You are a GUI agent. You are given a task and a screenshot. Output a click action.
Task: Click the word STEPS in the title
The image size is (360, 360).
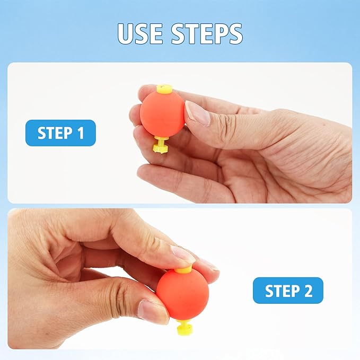click(x=207, y=33)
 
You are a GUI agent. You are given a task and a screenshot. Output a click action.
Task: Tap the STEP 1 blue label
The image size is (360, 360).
click(x=60, y=133)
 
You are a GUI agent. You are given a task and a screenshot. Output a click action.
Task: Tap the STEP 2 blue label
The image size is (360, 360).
click(x=288, y=291)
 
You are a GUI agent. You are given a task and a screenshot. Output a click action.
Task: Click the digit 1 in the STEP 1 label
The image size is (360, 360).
click(x=81, y=133)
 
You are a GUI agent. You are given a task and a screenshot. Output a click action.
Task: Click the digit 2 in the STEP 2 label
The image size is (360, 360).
click(x=309, y=291)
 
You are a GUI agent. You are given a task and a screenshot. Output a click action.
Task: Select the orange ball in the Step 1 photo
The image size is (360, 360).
click(x=162, y=114)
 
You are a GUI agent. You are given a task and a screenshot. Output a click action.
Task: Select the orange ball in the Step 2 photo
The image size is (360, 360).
click(x=183, y=295)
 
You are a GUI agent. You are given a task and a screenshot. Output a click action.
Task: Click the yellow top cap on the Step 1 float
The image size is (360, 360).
click(x=164, y=89)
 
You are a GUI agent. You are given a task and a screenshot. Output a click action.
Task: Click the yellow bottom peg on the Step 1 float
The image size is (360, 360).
click(x=161, y=145)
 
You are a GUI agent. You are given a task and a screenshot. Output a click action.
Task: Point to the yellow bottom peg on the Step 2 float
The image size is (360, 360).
click(x=185, y=327)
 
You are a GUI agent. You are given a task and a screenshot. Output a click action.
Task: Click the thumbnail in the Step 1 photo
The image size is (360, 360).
click(x=197, y=113)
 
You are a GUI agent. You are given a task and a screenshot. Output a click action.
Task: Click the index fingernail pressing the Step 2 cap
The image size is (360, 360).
click(x=183, y=254)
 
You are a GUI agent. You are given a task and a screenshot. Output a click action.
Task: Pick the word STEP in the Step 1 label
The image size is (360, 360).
click(x=55, y=133)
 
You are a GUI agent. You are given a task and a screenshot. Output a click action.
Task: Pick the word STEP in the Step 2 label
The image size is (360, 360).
click(x=282, y=291)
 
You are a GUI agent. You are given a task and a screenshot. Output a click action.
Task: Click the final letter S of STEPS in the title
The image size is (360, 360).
click(x=234, y=33)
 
